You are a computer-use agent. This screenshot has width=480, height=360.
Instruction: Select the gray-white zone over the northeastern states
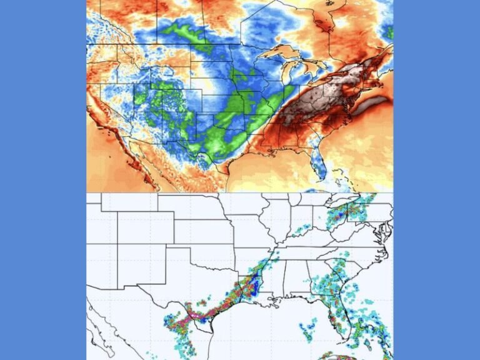pos(325,94)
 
